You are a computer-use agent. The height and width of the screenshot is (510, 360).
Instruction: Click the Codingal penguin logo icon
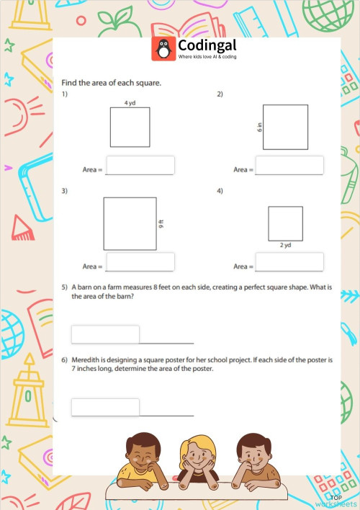(163, 49)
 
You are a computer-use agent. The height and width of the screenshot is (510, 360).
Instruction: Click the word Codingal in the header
(207, 45)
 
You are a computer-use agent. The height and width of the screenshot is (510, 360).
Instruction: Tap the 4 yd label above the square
(130, 103)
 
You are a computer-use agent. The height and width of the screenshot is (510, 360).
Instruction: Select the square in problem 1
(130, 127)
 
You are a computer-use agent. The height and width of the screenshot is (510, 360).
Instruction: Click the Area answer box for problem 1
(140, 165)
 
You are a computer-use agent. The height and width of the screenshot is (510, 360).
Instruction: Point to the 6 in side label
(258, 127)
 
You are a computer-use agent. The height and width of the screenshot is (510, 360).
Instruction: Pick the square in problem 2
(285, 127)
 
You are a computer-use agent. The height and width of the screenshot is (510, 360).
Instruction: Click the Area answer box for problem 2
(289, 165)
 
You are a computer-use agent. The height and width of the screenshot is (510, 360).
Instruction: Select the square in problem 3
(130, 223)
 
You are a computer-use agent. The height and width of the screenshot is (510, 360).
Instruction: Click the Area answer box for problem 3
(140, 261)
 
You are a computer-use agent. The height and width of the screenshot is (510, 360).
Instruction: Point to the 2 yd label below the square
(285, 245)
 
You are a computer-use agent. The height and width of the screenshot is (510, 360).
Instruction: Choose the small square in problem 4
(285, 223)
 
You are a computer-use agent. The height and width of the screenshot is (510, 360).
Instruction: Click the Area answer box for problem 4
(289, 261)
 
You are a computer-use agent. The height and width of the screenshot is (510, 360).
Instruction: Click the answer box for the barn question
(105, 334)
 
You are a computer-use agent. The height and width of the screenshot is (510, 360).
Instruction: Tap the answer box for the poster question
(105, 407)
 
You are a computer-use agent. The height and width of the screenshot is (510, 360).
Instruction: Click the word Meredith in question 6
(90, 359)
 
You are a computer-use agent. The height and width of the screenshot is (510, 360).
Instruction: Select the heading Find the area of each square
(111, 83)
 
